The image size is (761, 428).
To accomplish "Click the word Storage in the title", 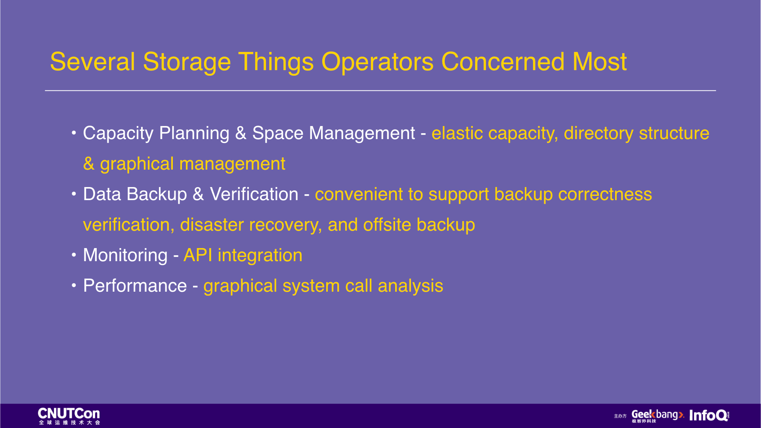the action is tap(187, 63).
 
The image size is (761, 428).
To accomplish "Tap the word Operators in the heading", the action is tap(377, 63).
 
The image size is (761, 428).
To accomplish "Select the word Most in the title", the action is tap(599, 62).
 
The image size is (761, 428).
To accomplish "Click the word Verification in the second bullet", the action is tap(254, 194).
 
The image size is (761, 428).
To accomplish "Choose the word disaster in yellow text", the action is tap(212, 225).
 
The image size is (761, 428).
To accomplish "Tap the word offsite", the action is tap(387, 225).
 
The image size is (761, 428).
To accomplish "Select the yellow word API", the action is tap(198, 255).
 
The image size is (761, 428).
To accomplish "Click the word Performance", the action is tap(135, 286).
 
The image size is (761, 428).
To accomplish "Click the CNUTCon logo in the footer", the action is tap(69, 416).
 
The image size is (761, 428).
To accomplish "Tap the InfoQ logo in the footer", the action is tap(709, 415).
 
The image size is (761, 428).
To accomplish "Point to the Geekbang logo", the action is tap(658, 416).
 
